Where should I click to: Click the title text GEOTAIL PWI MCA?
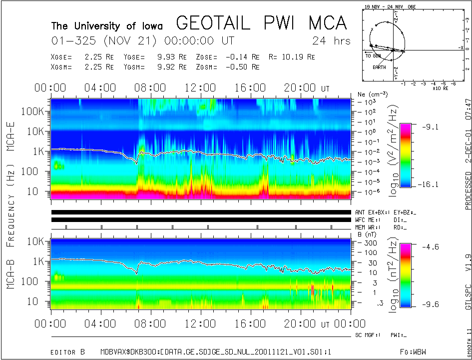(x=261, y=22)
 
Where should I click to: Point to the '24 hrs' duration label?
(x=331, y=40)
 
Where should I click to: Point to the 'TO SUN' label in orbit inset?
(x=374, y=56)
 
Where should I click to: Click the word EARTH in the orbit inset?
(x=379, y=66)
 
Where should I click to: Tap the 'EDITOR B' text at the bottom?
(x=69, y=352)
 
